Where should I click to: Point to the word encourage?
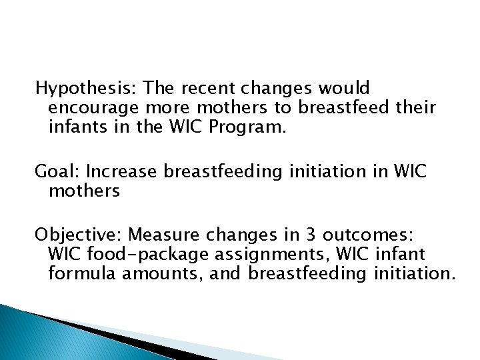pos(93,107)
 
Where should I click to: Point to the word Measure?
pos(160,235)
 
